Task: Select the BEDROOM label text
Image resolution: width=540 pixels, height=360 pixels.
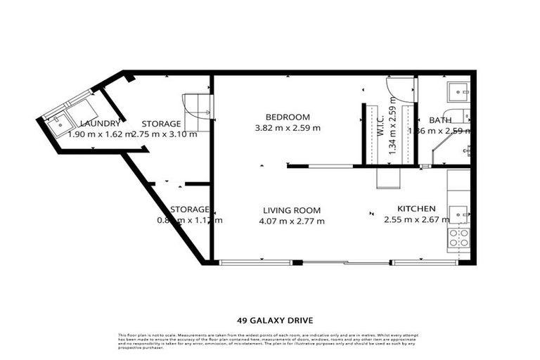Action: [x=288, y=117]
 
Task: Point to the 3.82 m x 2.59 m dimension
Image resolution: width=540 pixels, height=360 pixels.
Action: [x=288, y=128]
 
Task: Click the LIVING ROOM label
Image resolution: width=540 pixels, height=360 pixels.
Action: [x=292, y=210]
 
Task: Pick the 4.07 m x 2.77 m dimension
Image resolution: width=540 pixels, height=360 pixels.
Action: [x=292, y=221]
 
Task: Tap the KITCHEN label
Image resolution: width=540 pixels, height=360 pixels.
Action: [x=417, y=209]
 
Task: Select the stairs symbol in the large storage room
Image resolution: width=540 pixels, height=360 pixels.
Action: [x=198, y=112]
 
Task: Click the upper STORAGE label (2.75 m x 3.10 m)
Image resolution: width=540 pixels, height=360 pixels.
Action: [x=161, y=124]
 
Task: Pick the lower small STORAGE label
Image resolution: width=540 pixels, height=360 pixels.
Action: [x=190, y=210]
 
